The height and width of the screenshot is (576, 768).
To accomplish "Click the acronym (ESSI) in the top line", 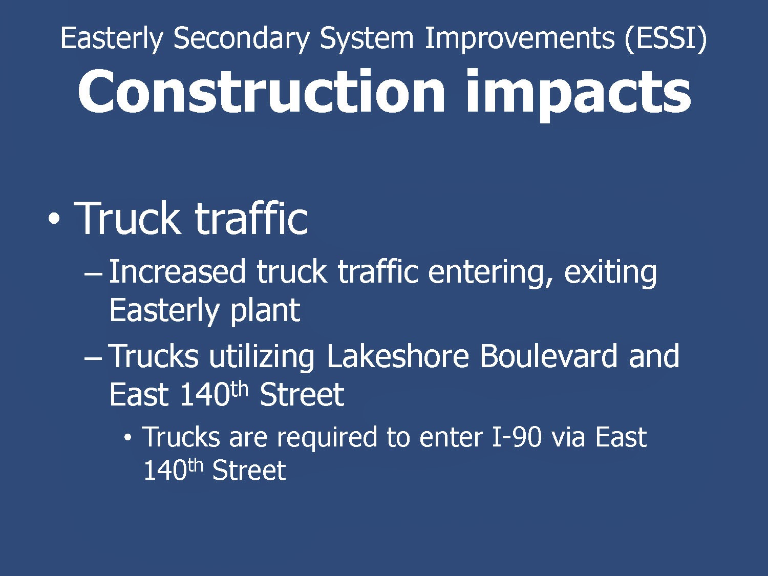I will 666,38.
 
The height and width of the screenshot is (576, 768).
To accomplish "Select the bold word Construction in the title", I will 261,92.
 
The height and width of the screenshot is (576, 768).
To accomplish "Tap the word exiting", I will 610,273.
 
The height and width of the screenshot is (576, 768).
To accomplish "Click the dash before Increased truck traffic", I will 93,274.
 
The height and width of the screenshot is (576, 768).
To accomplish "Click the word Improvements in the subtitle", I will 519,39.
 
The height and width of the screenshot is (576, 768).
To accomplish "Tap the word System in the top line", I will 367,39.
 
